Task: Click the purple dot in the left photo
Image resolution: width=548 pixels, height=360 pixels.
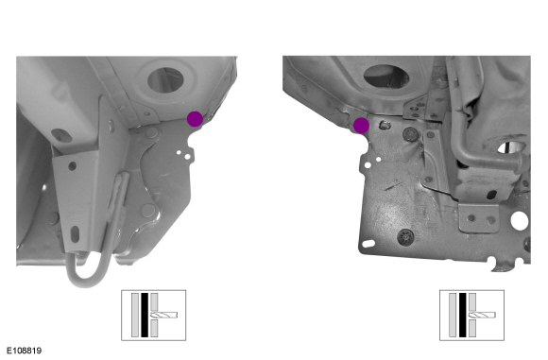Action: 195,119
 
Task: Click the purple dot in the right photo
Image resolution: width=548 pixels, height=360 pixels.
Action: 361,126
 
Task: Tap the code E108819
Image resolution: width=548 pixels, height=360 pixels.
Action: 25,351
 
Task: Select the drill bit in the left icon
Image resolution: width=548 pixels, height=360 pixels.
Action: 163,316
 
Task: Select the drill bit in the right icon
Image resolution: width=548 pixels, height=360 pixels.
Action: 482,316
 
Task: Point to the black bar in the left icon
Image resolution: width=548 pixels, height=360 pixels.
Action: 145,315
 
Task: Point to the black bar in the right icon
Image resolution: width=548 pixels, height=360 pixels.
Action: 462,315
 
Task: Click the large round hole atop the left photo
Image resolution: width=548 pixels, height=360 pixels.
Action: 165,80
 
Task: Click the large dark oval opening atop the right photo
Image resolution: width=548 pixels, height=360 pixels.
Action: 386,76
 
